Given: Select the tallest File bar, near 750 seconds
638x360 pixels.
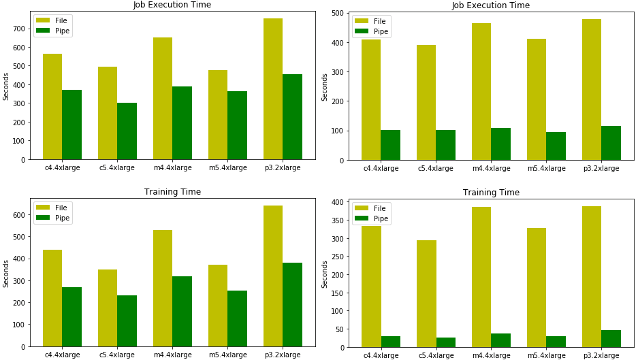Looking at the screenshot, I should coord(273,88).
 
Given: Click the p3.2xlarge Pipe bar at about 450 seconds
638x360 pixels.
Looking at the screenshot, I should coord(292,117).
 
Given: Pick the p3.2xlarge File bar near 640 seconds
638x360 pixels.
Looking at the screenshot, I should coord(273,276).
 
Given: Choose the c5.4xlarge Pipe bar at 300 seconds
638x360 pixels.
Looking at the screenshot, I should coord(127,131).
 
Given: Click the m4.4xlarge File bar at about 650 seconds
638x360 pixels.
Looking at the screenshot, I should coord(163,98).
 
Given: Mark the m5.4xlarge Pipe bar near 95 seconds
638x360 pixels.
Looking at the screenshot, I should coord(556,146).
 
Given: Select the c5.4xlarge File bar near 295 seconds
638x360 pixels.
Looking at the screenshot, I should coord(426,293).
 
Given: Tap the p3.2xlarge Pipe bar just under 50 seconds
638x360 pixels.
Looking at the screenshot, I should coord(611,339).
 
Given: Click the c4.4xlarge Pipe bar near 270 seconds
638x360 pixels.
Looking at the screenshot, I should coord(71,317).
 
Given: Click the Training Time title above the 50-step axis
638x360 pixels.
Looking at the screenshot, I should coord(491,193).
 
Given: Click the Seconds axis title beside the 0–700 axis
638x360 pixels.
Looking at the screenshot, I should coord(6,87).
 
